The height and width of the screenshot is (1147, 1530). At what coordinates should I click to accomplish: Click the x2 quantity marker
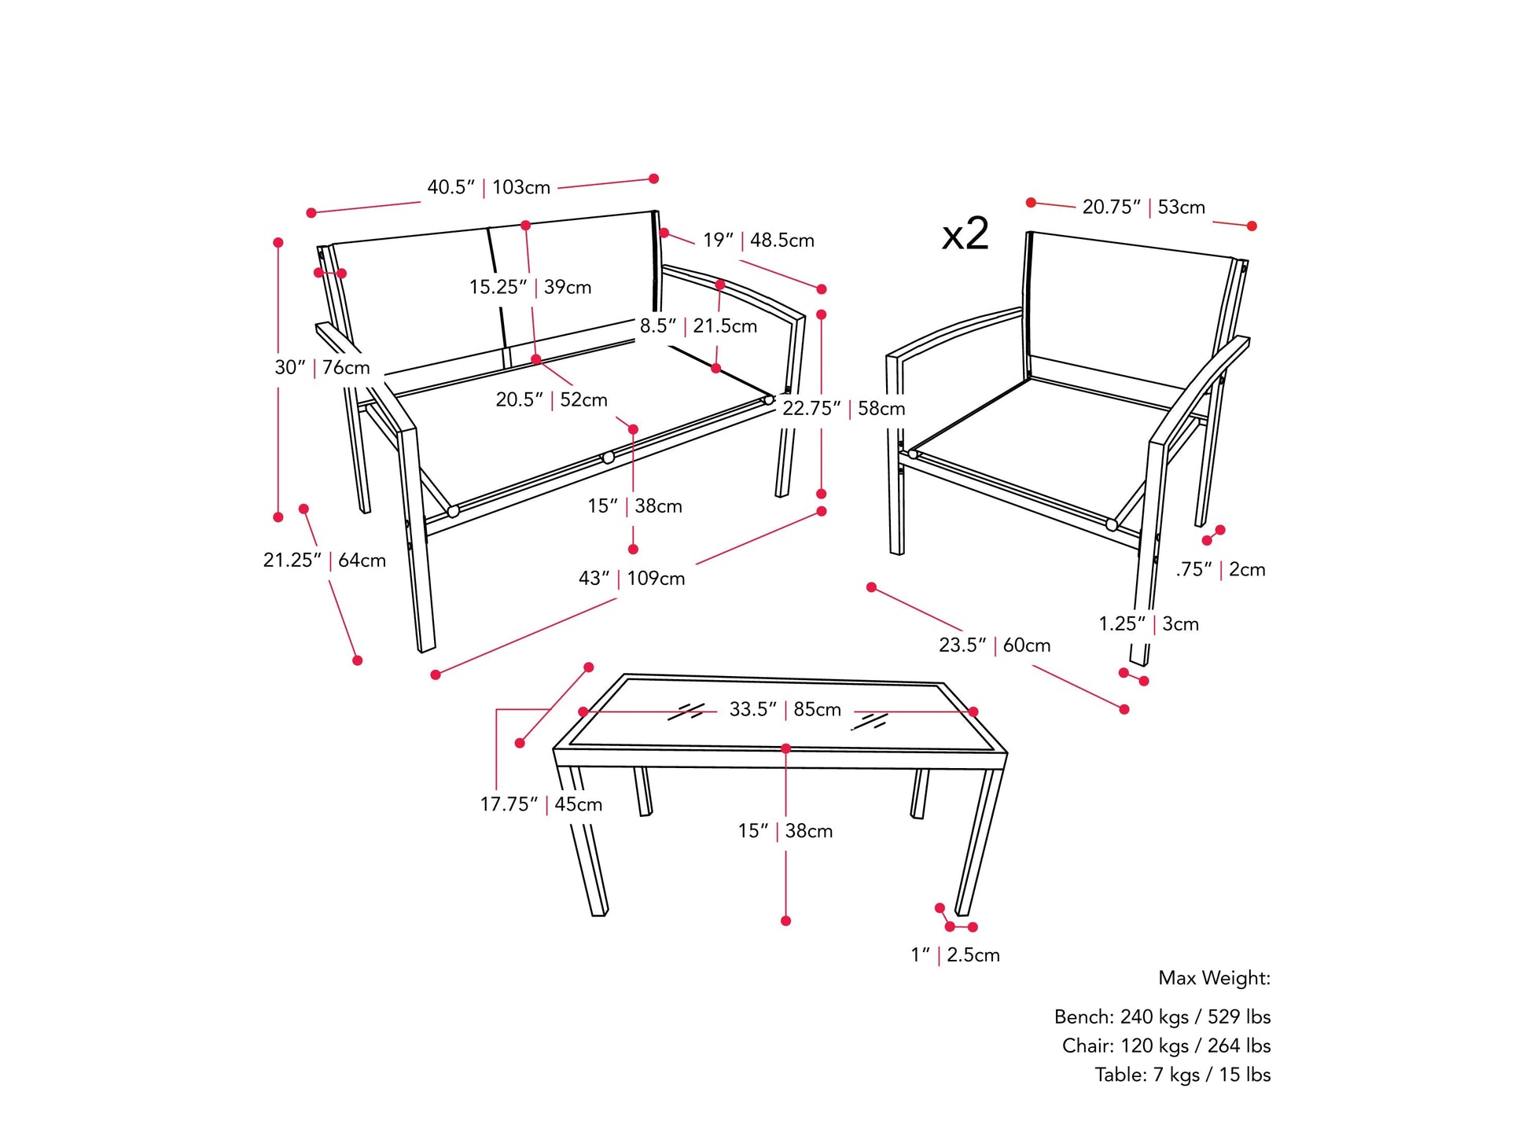pyautogui.click(x=965, y=233)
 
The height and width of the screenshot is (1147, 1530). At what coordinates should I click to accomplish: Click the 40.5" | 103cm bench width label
pyautogui.click(x=488, y=187)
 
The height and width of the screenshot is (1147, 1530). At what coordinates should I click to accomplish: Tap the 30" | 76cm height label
pyautogui.click(x=322, y=367)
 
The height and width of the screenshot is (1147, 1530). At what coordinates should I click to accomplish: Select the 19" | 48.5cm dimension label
pyautogui.click(x=758, y=240)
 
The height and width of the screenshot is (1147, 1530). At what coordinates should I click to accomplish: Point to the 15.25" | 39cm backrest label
pyautogui.click(x=530, y=287)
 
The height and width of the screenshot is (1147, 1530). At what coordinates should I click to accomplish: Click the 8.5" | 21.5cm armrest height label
pyautogui.click(x=698, y=325)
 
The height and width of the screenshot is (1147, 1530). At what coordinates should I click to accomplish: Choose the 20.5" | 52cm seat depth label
pyautogui.click(x=551, y=399)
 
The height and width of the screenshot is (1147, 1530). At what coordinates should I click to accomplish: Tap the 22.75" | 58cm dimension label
pyautogui.click(x=844, y=408)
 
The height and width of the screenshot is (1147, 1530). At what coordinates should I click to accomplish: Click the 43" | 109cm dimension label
pyautogui.click(x=631, y=578)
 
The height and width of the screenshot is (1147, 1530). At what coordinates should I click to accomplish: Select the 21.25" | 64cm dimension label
pyautogui.click(x=324, y=560)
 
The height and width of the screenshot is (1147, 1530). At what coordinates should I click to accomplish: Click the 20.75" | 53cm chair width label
pyautogui.click(x=1143, y=207)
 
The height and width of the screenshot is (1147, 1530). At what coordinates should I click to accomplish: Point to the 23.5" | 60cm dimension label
pyautogui.click(x=995, y=645)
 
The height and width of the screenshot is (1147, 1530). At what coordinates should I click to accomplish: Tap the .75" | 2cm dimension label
pyautogui.click(x=1220, y=569)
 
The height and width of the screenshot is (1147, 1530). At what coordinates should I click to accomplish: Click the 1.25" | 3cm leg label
pyautogui.click(x=1149, y=623)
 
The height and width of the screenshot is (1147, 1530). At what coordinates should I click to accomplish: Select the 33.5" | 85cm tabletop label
pyautogui.click(x=785, y=709)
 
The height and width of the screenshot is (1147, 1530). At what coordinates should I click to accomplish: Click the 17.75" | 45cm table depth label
pyautogui.click(x=541, y=804)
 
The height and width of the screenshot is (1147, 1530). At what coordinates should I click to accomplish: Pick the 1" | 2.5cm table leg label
pyautogui.click(x=955, y=954)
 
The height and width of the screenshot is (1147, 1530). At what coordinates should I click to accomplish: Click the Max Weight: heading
pyautogui.click(x=1214, y=978)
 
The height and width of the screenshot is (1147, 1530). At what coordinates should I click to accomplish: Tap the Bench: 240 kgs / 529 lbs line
pyautogui.click(x=1162, y=1016)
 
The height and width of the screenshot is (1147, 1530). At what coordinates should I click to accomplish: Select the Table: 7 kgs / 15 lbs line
pyautogui.click(x=1182, y=1074)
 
